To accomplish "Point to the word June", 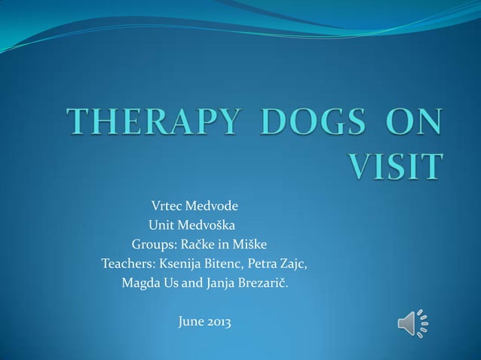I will (191, 323).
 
